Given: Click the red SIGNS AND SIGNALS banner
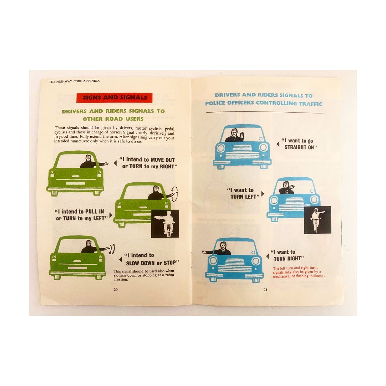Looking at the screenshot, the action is [x=114, y=98].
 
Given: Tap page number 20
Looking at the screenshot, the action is [x=115, y=289].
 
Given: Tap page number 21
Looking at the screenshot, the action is [x=265, y=289].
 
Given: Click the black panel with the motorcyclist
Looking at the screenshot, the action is [x=165, y=224].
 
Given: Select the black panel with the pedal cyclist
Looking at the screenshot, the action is [x=317, y=220].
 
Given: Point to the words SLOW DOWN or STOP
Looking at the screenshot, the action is [x=152, y=263].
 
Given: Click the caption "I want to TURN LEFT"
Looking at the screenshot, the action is [x=243, y=193].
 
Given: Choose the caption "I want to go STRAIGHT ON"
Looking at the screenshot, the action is [x=299, y=144].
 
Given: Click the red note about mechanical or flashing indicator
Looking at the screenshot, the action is [x=298, y=272].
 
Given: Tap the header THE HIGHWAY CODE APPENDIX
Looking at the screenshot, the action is [x=74, y=81].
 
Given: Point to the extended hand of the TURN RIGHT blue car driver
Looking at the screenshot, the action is [x=205, y=252].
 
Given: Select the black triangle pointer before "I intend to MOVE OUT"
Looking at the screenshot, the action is [x=115, y=163].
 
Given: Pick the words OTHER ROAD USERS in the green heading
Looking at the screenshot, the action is [x=113, y=119].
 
